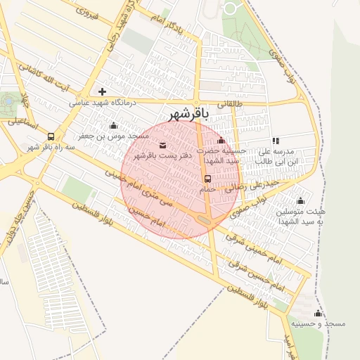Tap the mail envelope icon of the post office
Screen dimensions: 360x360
coord(163,145)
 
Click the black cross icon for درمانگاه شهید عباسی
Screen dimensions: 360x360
coord(103,91)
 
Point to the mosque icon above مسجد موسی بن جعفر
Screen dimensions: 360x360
coord(114,125)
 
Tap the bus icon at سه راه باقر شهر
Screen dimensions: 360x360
coord(51,136)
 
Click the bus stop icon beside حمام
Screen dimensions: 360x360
coord(208,179)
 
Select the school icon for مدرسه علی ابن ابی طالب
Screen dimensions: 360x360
coord(276,141)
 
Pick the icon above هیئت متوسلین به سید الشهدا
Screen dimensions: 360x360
coord(301,201)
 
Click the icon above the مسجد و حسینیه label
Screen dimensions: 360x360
coord(318,313)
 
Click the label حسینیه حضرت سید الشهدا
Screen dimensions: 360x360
coord(221,155)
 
